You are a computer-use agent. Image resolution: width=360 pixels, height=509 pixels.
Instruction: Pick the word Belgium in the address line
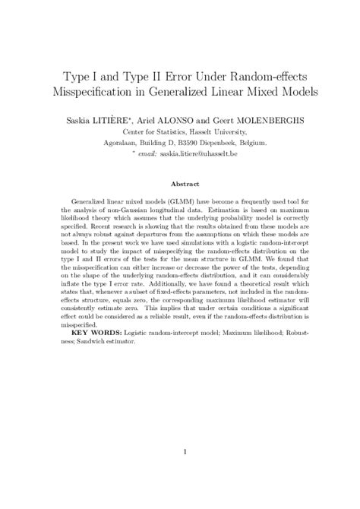click(267, 142)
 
